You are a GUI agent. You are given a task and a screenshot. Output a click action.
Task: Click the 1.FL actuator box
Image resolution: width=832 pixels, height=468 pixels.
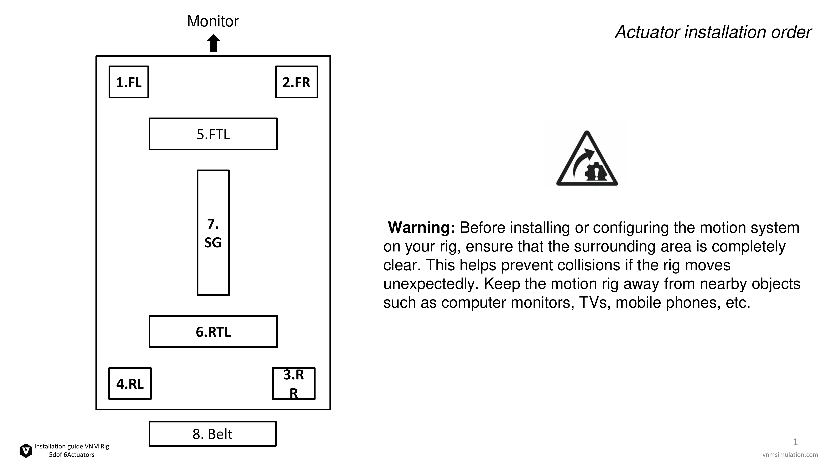click(x=129, y=82)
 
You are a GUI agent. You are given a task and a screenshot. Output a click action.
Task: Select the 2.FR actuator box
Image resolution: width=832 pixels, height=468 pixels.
click(x=296, y=82)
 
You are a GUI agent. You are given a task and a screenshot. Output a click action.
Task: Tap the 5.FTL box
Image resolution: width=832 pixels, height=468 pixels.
click(x=213, y=134)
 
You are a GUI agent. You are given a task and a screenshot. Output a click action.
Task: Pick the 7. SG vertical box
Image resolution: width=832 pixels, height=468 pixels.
click(x=213, y=233)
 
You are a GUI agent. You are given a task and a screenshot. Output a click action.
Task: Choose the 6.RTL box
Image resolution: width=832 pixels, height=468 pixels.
click(x=213, y=332)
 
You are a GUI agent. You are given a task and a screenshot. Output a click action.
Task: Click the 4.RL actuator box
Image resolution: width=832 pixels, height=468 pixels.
click(x=130, y=384)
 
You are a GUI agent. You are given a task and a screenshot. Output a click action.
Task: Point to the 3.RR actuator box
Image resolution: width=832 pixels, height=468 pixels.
click(x=293, y=384)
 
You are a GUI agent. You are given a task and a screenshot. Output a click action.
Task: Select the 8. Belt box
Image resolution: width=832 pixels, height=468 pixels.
click(x=213, y=434)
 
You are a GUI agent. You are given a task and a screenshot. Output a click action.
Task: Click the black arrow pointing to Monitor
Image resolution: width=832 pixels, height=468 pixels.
click(x=213, y=43)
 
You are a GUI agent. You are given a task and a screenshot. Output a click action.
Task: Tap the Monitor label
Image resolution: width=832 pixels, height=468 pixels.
click(x=213, y=21)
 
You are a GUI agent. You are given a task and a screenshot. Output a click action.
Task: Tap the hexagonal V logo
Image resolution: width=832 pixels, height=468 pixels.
click(x=26, y=451)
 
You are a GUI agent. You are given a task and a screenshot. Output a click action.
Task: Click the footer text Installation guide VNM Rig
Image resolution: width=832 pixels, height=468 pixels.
click(x=72, y=446)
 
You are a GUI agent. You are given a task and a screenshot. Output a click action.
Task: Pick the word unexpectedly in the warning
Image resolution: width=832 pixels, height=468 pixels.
click(x=431, y=284)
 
